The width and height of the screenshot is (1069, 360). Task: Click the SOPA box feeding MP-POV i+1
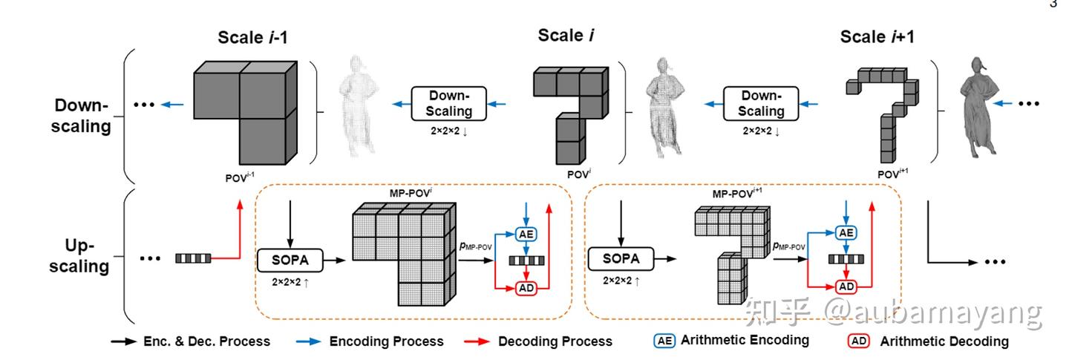point(621,260)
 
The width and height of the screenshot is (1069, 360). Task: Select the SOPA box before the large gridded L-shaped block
point(290,260)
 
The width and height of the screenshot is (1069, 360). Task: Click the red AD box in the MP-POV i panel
point(526,287)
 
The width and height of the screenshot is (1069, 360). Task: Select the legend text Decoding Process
point(555,341)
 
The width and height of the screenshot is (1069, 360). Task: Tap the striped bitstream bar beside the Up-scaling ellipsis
point(193,258)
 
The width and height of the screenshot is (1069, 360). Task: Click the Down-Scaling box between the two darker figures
point(762,104)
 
